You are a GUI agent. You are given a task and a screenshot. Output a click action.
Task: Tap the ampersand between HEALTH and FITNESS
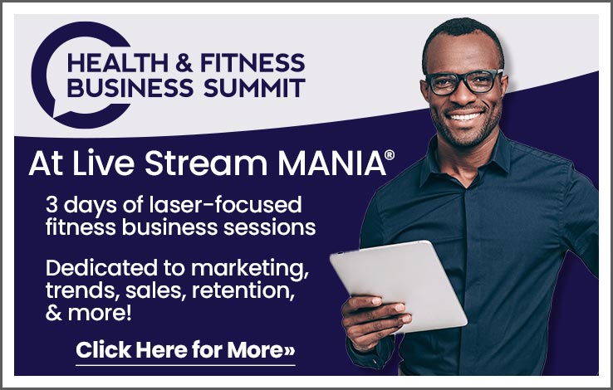click(184, 63)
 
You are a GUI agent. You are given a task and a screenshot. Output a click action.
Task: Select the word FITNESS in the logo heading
click(253, 63)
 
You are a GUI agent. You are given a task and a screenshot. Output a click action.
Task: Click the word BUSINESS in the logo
click(130, 87)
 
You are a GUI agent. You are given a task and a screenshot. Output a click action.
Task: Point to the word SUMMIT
click(254, 87)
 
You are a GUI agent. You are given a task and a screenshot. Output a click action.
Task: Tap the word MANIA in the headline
click(331, 163)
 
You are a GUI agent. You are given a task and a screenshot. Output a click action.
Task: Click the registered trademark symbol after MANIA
click(390, 155)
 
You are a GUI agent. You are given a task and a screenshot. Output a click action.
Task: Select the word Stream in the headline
click(206, 163)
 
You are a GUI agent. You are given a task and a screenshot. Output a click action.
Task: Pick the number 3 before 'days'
click(51, 205)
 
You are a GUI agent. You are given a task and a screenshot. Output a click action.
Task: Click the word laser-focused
click(226, 205)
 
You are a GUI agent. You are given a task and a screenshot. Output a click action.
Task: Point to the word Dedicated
click(101, 268)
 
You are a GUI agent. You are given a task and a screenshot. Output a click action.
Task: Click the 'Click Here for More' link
click(185, 350)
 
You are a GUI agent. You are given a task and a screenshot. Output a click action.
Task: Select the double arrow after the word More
click(289, 351)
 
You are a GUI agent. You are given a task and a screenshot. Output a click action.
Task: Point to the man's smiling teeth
click(465, 116)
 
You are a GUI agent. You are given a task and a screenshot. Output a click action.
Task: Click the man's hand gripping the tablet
click(373, 321)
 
